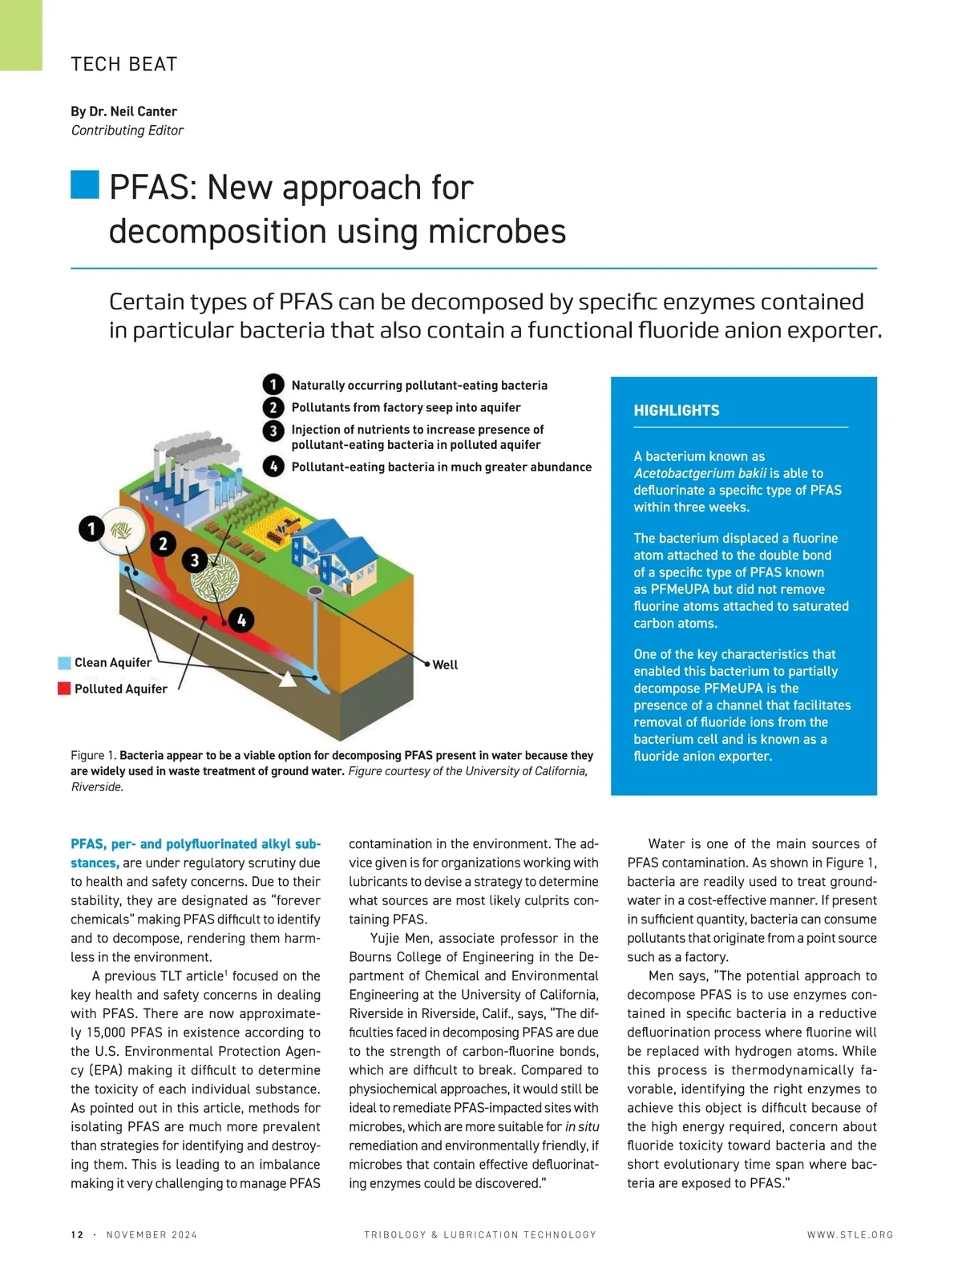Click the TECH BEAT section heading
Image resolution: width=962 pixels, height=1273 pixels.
124,64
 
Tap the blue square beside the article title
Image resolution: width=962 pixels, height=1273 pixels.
84,184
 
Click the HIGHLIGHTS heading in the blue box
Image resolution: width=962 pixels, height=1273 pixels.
677,410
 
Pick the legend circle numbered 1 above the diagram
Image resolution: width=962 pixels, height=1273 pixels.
273,385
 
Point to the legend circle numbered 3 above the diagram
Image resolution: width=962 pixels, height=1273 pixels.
273,430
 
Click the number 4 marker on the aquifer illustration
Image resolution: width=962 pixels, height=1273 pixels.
241,620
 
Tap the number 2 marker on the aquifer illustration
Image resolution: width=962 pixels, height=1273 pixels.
163,544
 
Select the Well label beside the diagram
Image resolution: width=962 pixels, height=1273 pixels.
445,665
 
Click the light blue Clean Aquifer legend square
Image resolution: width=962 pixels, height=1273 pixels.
64,663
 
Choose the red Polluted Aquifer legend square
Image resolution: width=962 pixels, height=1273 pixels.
64,689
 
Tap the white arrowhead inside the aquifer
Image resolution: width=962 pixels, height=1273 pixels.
287,680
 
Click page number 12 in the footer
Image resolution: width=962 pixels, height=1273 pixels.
77,1235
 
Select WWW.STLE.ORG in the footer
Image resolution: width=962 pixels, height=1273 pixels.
850,1235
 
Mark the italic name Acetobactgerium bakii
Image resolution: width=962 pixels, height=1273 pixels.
700,473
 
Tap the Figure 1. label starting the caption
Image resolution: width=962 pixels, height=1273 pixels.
93,755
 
